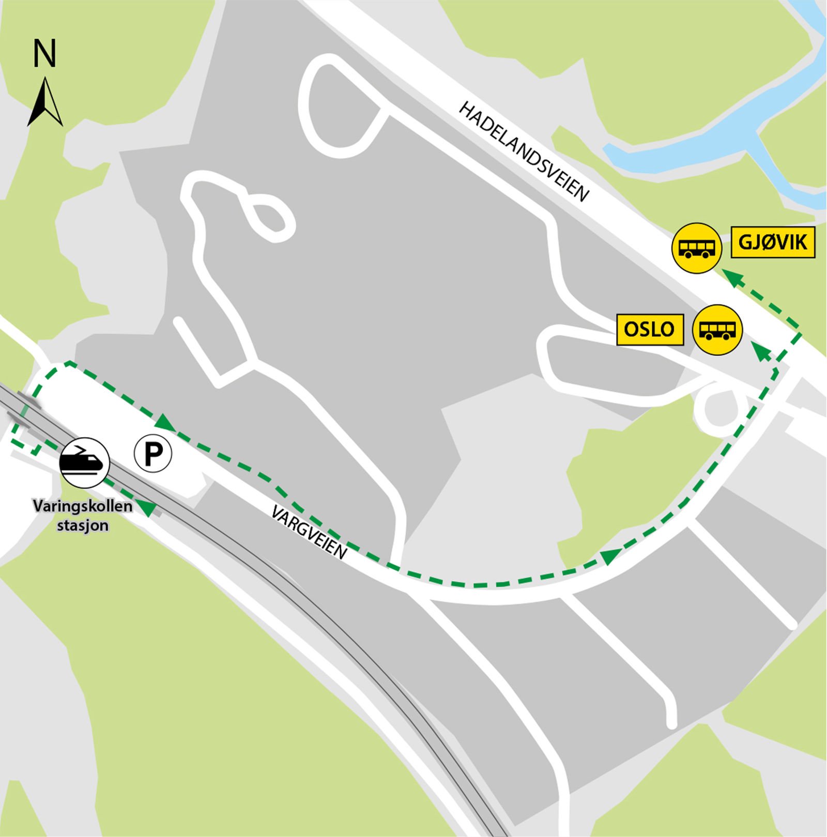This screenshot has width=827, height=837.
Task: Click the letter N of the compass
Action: (44, 54)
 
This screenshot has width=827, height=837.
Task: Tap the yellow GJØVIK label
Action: (772, 242)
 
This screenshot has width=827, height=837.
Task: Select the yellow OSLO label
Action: (650, 329)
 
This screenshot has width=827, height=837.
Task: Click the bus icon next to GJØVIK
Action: (696, 248)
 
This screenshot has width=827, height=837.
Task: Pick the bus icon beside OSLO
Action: (717, 330)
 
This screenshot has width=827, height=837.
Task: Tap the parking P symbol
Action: (153, 454)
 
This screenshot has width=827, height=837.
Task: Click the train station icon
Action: (85, 462)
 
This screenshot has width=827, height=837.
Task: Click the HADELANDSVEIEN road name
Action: (524, 151)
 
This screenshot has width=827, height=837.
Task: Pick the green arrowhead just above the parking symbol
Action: (165, 423)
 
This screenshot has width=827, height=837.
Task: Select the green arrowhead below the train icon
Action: (148, 508)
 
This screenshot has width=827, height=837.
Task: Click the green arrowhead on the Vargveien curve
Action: (610, 556)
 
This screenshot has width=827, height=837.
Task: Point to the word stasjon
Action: (83, 526)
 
